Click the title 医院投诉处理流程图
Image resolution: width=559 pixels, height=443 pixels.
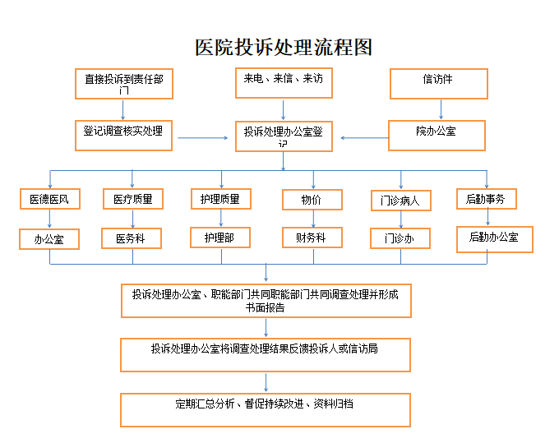tap(284, 48)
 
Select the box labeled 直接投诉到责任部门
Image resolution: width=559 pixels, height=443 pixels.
tap(124, 84)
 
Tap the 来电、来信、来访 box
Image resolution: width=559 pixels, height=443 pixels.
tap(284, 83)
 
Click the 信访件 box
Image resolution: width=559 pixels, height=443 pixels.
tap(439, 84)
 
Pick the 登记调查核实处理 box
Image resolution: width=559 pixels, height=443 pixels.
tap(123, 136)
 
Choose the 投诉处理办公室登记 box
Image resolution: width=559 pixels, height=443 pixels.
tap(284, 136)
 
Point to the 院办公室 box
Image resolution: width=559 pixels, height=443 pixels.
tap(437, 136)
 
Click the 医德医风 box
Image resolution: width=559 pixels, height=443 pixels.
tap(50, 199)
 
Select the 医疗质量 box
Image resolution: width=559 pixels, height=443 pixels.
tap(133, 199)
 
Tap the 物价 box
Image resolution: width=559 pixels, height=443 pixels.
tap(312, 200)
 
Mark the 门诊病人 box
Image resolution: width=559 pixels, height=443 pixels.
tap(401, 201)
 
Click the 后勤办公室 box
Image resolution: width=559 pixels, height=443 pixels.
tap(495, 239)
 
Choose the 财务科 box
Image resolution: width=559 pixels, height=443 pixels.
tap(312, 238)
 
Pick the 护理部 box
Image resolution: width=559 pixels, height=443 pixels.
tap(220, 238)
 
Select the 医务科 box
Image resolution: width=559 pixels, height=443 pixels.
tap(132, 238)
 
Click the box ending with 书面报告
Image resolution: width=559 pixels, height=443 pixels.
tap(266, 301)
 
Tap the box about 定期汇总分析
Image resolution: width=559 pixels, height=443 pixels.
tap(266, 410)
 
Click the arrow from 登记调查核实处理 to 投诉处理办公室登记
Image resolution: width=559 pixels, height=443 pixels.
tap(202, 138)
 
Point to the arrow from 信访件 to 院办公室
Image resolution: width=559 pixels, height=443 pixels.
tap(441, 109)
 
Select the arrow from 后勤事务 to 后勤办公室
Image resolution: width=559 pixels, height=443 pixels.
tap(487, 218)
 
